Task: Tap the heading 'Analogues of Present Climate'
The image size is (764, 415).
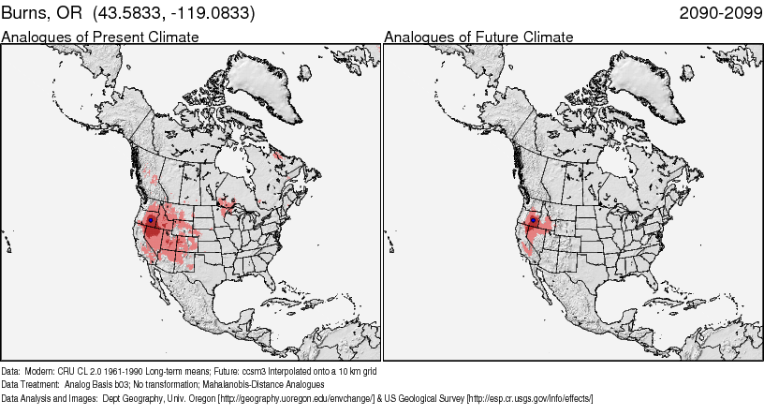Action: pos(100,37)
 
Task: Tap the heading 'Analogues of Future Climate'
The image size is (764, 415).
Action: pos(479,37)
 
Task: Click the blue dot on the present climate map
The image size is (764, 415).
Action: pos(150,220)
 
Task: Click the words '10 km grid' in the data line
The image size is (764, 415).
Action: pos(355,370)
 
